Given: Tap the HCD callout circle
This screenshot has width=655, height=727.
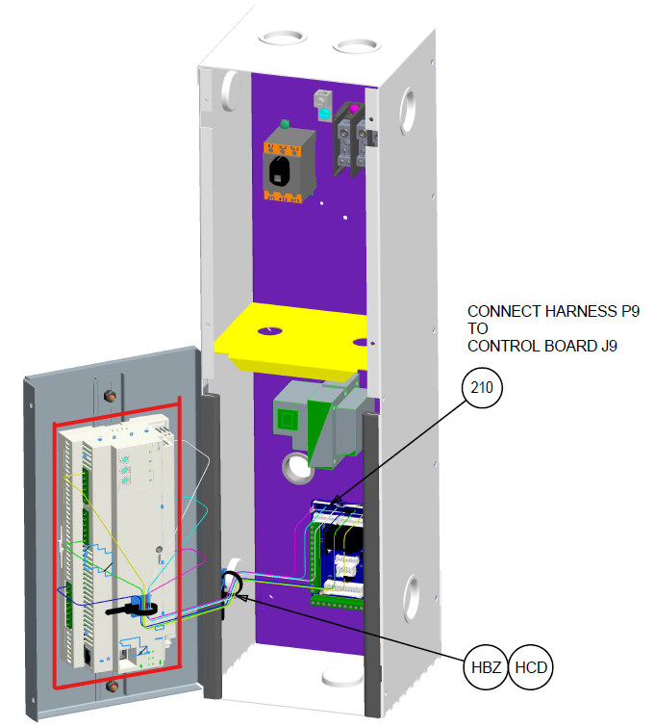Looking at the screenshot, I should pos(532,667).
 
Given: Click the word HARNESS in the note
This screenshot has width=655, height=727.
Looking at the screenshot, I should pos(566,312).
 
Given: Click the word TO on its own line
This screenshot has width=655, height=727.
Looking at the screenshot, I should pos(478,329).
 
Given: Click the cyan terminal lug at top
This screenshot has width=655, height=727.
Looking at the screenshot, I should pos(325,115).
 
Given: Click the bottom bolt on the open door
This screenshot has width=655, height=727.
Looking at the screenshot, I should pos(114,687).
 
